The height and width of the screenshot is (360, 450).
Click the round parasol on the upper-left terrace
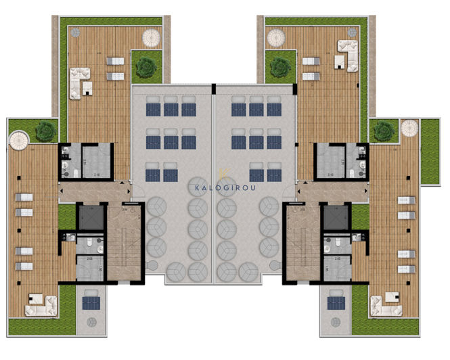[152, 36]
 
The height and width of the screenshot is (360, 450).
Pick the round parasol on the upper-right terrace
[277, 38]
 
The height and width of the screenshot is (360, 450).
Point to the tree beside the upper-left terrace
[143, 66]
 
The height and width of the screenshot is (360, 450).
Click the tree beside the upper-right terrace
[278, 66]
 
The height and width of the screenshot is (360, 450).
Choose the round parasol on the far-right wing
[410, 127]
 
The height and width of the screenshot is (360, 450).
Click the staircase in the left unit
[123, 243]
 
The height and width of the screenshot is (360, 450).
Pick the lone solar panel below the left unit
[91, 302]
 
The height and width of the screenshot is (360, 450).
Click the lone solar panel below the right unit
[335, 302]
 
